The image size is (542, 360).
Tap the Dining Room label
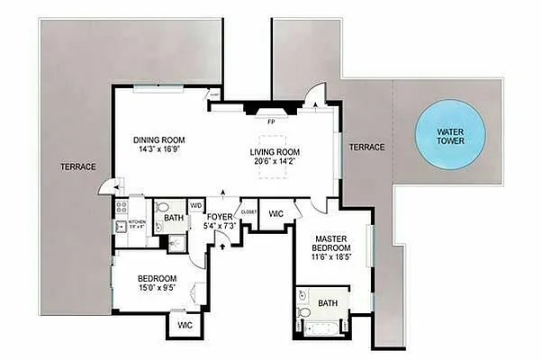(x=158, y=139)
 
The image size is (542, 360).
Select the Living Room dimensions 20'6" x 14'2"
(x=275, y=162)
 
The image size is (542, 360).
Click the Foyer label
(x=220, y=216)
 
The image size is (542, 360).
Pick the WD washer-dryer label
(x=195, y=206)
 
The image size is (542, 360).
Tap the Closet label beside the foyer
(x=249, y=212)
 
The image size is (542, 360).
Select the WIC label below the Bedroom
(x=184, y=324)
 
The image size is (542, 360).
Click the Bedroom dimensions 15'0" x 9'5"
(x=158, y=289)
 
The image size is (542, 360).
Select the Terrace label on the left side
(x=78, y=166)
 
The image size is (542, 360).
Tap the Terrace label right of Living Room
(x=366, y=147)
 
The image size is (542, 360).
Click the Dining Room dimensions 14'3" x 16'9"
(x=158, y=151)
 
